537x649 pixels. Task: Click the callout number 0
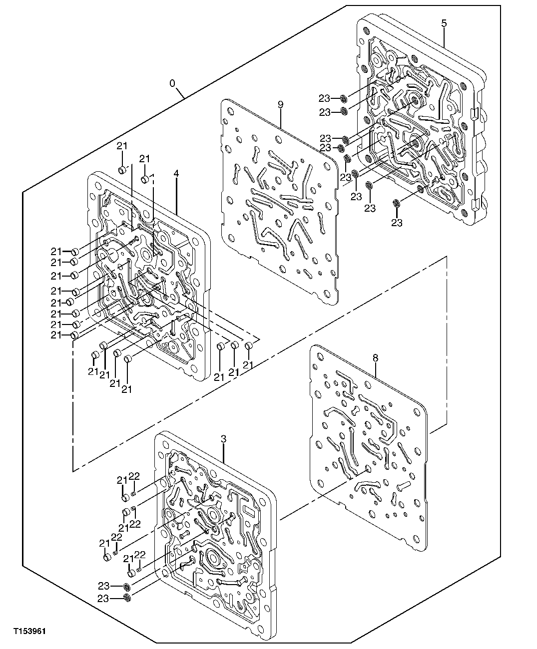[173, 83]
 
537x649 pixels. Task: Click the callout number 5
[444, 23]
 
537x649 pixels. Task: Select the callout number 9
[280, 104]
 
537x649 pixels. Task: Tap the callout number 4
[176, 173]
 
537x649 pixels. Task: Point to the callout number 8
[376, 357]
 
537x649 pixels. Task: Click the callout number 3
[223, 439]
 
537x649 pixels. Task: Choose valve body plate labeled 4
[150, 275]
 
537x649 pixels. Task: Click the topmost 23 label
[325, 97]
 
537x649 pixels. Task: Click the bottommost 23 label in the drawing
[103, 598]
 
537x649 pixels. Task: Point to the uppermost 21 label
[122, 146]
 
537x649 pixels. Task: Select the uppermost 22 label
[134, 476]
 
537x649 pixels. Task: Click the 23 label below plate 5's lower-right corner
[397, 223]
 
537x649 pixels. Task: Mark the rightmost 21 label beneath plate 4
[248, 365]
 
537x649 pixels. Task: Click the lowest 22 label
[140, 555]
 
